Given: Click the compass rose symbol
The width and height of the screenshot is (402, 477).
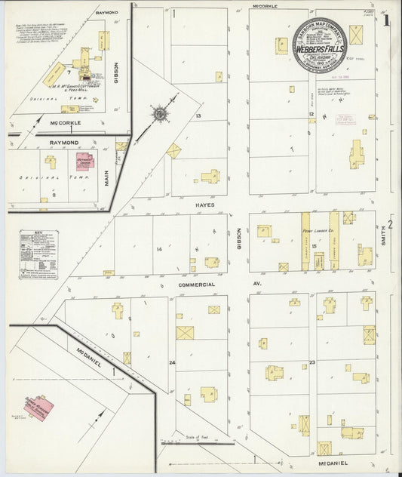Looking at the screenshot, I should coord(160,114).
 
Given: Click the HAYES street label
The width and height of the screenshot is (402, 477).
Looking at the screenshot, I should coord(206,205).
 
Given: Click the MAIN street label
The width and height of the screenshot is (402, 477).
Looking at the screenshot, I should coord(106,178).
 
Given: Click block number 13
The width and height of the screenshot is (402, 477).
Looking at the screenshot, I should coord(198,115).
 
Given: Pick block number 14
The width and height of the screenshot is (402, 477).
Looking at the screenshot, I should coord(159,249).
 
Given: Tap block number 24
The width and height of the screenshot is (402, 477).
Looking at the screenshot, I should coord(172,363).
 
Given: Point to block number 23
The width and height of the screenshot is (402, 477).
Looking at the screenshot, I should coord(311,363).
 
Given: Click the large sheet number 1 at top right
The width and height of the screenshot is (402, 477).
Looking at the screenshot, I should coord(386,20).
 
